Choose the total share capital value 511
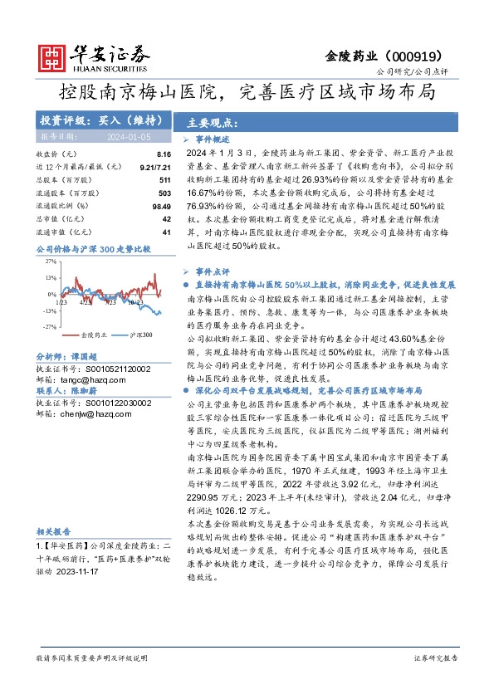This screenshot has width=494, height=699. click(164, 179)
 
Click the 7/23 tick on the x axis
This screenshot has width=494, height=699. click(109, 302)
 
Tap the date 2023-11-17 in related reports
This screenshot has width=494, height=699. click(84, 573)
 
